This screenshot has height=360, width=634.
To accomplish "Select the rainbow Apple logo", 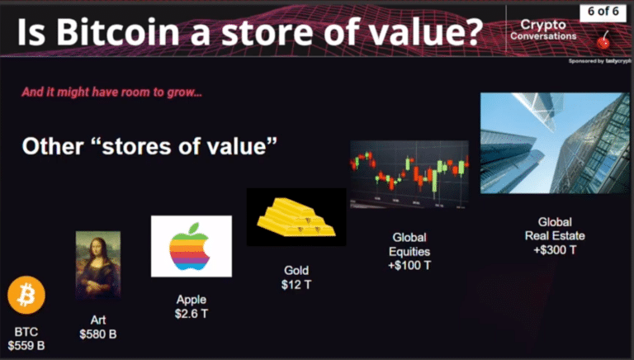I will click(191, 245).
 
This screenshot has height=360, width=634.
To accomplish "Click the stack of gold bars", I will click(296, 217).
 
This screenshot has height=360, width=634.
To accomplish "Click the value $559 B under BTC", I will click(26, 346).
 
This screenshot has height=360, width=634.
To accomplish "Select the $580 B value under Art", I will click(98, 334).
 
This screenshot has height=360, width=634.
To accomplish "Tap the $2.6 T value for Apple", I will click(191, 315).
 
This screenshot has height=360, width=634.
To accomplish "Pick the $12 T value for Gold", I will click(296, 284).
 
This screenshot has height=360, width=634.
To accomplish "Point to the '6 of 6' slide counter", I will click(604, 13).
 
